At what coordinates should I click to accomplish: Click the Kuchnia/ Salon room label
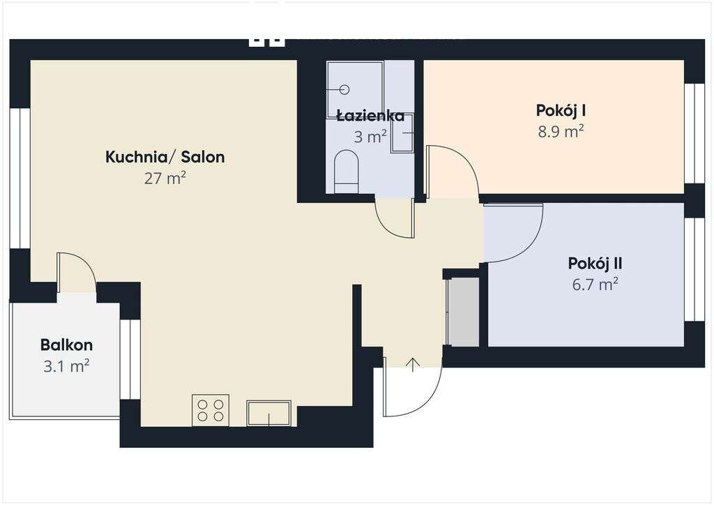tap(165, 157)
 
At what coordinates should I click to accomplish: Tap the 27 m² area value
tap(165, 179)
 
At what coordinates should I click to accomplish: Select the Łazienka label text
tap(370, 116)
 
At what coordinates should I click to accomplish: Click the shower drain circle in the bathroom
tap(344, 89)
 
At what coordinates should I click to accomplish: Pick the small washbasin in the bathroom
tap(402, 133)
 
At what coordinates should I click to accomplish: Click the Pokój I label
tap(560, 110)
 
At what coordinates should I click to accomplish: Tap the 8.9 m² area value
tap(560, 131)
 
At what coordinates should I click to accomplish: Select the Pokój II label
tap(595, 264)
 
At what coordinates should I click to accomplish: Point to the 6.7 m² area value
tap(595, 285)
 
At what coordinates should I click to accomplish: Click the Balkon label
tap(66, 345)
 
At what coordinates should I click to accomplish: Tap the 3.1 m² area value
tap(66, 365)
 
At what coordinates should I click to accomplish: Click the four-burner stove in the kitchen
tap(211, 410)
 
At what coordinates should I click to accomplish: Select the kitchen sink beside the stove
tap(268, 413)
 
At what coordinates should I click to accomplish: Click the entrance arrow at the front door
tap(413, 364)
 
